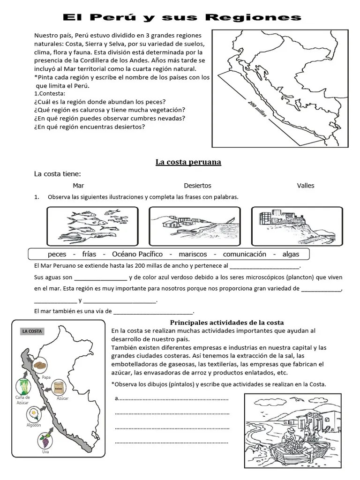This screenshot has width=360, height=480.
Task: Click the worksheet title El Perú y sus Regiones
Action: pos(182,17)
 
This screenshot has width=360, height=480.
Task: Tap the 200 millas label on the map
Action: pos(257,109)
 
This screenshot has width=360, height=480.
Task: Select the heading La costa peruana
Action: pos(188,162)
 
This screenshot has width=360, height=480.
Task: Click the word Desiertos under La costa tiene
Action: pos(197,186)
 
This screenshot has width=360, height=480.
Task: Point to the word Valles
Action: pos(306,186)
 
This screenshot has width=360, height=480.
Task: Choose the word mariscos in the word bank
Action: pos(193,254)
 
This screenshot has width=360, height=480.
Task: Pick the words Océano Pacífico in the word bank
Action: pos(137,254)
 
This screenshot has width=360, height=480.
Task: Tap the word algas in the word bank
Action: pos(291,254)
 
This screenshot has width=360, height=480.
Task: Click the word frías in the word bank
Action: pos(89,254)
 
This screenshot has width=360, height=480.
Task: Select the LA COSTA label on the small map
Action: pos(32,331)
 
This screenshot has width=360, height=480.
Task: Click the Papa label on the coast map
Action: pos(46,377)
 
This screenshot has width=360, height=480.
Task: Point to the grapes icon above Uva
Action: pos(45,441)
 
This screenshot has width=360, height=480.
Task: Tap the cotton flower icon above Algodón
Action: pos(33,414)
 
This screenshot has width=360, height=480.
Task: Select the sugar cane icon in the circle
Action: pos(23,387)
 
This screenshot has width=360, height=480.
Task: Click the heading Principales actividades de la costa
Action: pos(227,322)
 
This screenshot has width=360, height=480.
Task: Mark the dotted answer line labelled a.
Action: pos(172,399)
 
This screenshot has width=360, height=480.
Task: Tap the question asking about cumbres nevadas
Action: pos(110,119)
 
